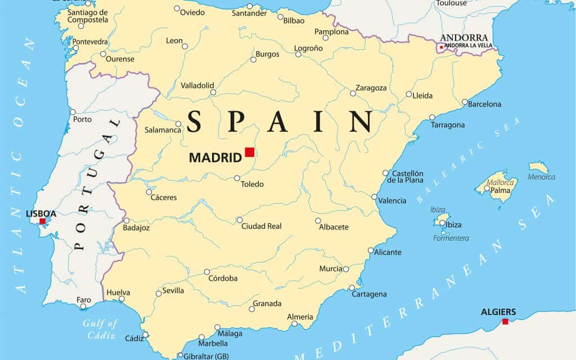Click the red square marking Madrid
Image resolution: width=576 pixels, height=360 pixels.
(x=250, y=152)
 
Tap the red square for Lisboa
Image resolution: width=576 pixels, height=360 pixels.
(x=42, y=222)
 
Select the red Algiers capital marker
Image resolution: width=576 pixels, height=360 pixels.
(x=505, y=321)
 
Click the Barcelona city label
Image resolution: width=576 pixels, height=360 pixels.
(x=484, y=104)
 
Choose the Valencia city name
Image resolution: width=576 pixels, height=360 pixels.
(x=392, y=201)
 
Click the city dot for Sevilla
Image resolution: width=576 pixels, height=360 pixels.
(x=159, y=293)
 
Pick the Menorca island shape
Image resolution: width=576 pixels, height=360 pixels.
(x=538, y=167)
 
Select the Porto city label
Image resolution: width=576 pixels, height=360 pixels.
(x=82, y=119)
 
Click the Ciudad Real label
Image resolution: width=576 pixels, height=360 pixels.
(x=262, y=226)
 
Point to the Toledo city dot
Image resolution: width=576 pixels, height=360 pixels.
(x=237, y=178)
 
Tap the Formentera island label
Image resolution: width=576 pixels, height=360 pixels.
(x=451, y=238)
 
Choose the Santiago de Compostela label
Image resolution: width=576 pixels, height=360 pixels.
(x=87, y=16)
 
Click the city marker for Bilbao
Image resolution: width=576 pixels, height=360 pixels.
(x=280, y=17)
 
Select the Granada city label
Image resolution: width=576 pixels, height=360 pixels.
(x=267, y=304)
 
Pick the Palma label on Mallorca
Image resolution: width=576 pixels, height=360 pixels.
(x=500, y=190)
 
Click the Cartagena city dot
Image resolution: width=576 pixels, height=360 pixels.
(x=352, y=287)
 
